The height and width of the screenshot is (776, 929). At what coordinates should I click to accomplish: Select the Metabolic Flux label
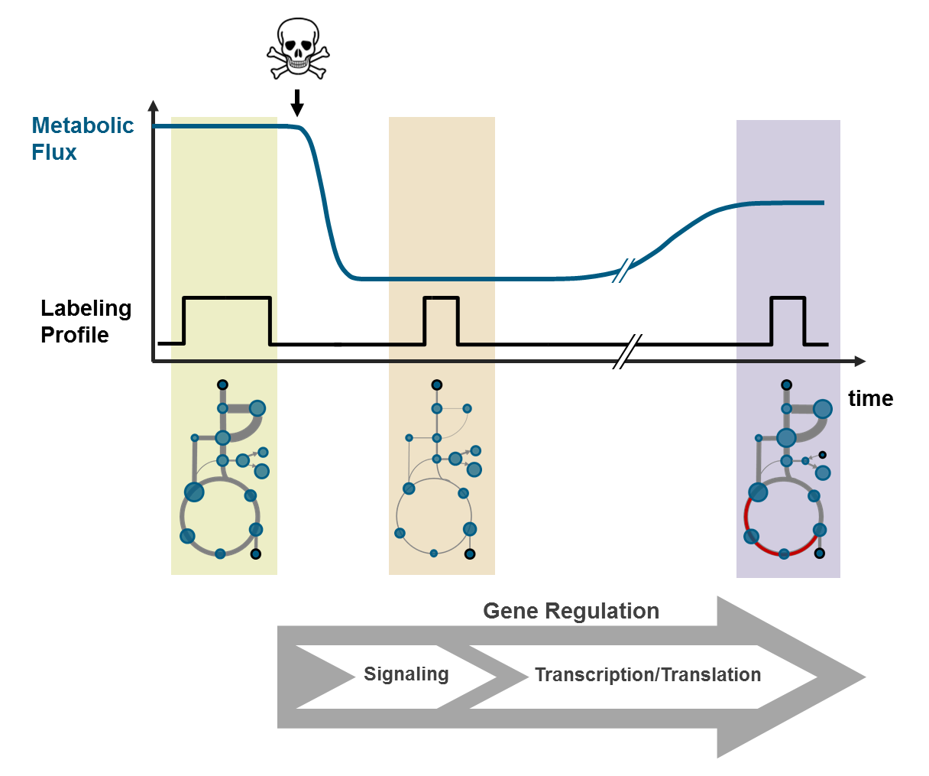click(x=82, y=138)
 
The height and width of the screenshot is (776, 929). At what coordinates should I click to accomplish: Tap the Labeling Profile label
click(x=86, y=321)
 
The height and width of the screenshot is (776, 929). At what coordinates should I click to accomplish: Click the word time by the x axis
click(x=870, y=398)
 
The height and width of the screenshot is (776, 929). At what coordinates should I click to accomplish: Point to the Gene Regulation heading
click(x=571, y=611)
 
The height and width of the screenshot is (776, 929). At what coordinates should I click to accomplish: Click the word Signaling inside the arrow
click(x=406, y=674)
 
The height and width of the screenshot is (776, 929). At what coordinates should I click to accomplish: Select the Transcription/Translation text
click(x=647, y=675)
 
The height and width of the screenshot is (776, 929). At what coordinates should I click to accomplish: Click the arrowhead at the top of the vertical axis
click(x=154, y=106)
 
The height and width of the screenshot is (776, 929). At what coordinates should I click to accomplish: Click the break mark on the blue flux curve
click(x=623, y=271)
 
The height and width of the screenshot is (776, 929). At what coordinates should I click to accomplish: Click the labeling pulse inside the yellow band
click(x=227, y=297)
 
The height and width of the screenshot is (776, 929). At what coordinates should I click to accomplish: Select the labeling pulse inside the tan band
click(x=441, y=298)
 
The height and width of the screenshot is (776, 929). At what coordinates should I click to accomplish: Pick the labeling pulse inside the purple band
click(x=788, y=298)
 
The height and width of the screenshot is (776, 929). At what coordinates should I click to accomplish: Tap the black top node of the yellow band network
click(x=222, y=385)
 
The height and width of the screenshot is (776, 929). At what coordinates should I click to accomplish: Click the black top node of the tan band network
click(x=436, y=385)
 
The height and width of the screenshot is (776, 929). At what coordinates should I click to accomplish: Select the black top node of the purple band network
click(x=786, y=385)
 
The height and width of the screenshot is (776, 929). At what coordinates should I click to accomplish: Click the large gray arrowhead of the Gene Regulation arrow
click(x=795, y=677)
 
